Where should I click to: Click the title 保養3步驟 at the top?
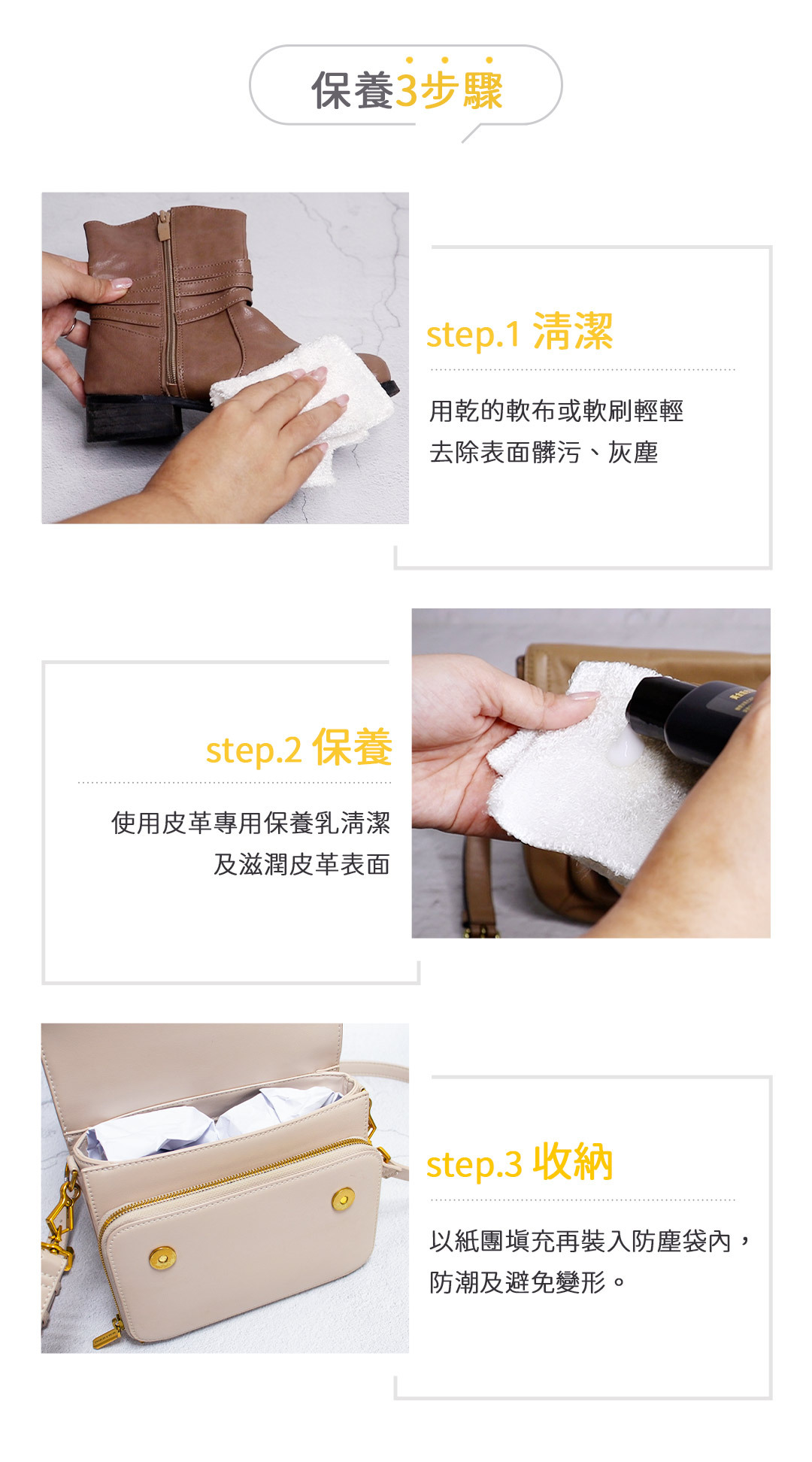407,90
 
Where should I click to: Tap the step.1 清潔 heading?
520,332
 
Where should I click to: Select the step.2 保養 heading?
298,748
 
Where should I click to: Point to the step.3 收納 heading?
520,1163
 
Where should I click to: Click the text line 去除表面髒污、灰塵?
544,453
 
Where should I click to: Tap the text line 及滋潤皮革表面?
301,865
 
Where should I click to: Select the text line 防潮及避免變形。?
528,1282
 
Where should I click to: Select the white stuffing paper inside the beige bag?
211,1121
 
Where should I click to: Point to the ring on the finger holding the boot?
69,327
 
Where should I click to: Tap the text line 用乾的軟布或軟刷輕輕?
556,411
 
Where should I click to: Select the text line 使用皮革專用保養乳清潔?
251,823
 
